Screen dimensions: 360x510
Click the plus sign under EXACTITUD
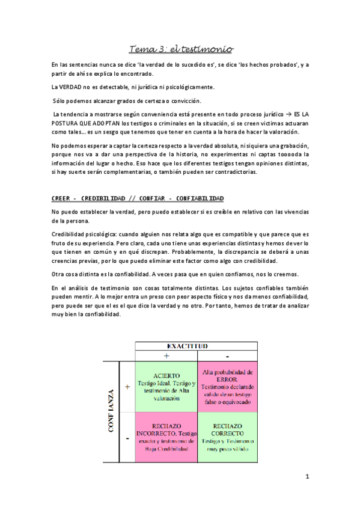pos(166,356)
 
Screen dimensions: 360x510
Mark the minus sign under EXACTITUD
pos(227,356)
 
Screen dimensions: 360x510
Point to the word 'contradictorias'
pos(231,171)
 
